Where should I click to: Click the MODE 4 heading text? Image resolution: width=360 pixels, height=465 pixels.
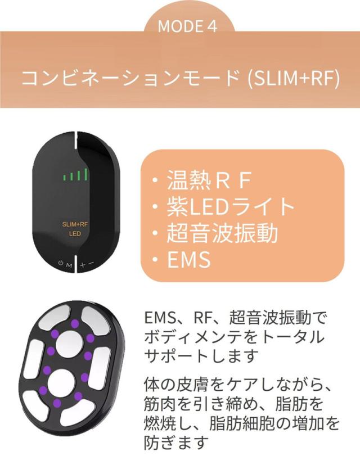click(x=187, y=26)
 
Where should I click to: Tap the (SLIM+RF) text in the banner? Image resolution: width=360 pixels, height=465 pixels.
click(x=293, y=78)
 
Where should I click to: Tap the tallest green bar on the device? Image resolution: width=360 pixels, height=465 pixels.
click(x=85, y=175)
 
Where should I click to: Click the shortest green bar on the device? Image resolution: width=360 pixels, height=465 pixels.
click(x=64, y=178)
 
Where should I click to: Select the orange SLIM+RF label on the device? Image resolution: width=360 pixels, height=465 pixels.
click(x=75, y=224)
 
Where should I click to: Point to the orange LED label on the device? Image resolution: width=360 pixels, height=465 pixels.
click(x=75, y=234)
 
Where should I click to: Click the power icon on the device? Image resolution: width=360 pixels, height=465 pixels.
click(x=61, y=263)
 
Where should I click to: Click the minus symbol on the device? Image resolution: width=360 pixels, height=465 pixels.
click(x=91, y=263)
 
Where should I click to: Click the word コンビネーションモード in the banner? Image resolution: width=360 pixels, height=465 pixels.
click(x=131, y=78)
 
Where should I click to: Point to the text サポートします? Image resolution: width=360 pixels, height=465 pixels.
click(x=200, y=355)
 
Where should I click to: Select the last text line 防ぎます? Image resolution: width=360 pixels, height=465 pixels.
click(x=175, y=442)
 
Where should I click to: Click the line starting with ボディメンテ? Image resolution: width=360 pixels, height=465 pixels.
click(x=234, y=337)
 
